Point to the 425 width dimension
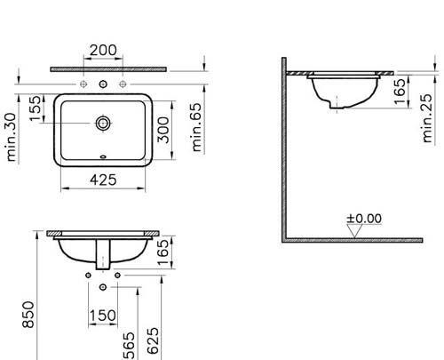pos(104,180)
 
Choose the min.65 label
pos(199,124)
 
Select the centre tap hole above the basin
pos(105,86)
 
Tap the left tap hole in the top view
pos(85,86)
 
